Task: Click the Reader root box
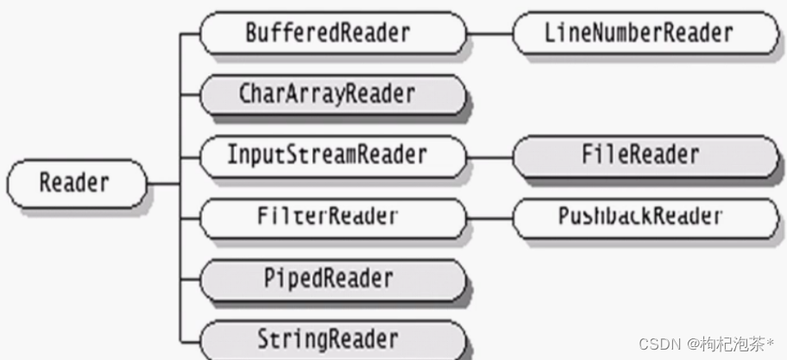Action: click(75, 183)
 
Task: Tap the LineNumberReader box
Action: click(639, 34)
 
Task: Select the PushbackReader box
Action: click(639, 216)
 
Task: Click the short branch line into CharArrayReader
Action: click(190, 94)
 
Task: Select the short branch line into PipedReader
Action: click(190, 279)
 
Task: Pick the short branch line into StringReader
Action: click(190, 338)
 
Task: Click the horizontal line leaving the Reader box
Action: click(163, 183)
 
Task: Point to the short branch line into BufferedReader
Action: click(190, 34)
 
